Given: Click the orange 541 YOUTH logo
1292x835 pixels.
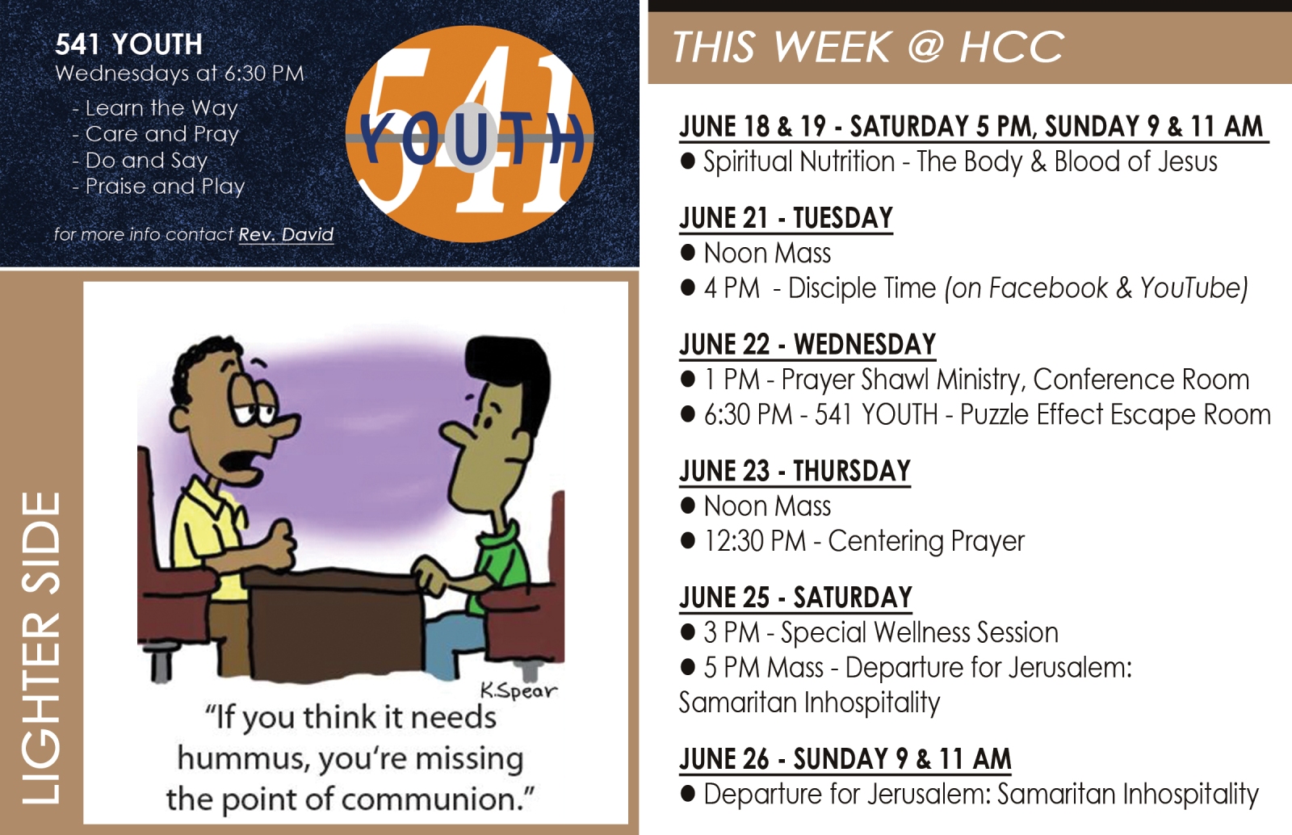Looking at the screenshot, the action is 470,134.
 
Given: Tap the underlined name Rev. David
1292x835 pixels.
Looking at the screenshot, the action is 286,234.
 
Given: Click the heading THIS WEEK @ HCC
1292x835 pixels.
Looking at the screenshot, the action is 867,47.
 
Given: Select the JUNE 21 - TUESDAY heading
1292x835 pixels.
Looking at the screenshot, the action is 787,218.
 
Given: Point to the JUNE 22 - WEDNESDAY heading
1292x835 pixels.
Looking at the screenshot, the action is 807,344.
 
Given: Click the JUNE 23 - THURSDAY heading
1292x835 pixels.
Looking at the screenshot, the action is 795,471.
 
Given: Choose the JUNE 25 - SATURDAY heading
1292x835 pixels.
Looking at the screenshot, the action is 796,598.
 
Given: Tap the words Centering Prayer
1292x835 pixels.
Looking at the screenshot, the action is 926,541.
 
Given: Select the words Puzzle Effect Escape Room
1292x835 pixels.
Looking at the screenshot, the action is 1115,414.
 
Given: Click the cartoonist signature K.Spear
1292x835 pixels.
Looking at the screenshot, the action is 518,690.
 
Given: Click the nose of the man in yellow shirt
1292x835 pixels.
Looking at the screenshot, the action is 286,425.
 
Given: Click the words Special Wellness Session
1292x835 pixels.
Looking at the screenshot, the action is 920,632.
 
